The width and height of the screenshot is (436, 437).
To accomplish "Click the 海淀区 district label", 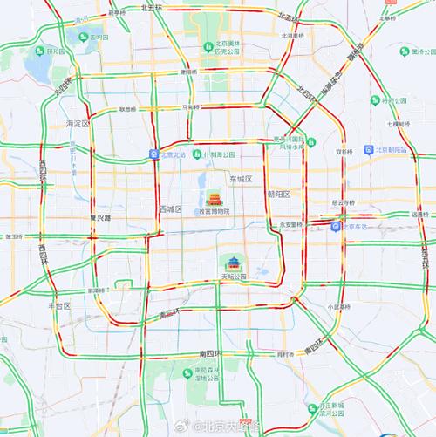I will point(66,124).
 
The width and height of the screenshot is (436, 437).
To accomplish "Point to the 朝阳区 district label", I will point(278,195).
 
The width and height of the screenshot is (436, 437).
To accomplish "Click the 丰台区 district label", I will point(58,306).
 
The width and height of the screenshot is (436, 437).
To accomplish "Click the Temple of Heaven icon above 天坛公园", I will point(233,263).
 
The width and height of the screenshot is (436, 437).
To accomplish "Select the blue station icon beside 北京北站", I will point(154,154).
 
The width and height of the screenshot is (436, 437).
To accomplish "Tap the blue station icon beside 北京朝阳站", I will point(368,150).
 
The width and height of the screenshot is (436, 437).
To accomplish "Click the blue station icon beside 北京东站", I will point(336,227).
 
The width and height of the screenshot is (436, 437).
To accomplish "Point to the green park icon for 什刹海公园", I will point(198,154).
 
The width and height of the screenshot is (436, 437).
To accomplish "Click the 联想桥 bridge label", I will point(128,109).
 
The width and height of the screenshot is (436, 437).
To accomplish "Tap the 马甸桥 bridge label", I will point(191,106).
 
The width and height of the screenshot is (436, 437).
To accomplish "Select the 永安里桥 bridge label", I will point(290,224).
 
